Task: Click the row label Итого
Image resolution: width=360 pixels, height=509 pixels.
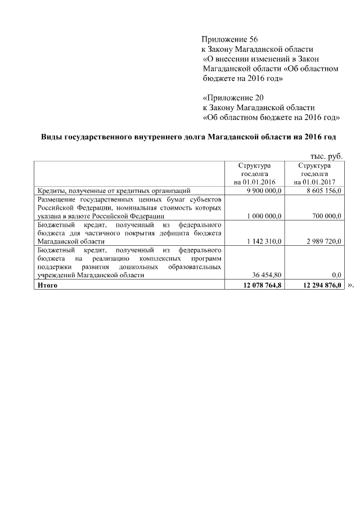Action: [47, 285]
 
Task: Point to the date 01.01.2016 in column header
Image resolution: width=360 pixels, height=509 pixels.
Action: [260, 182]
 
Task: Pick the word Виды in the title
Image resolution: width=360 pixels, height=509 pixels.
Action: [52, 137]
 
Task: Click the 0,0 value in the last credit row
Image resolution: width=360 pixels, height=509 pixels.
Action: [337, 276]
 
